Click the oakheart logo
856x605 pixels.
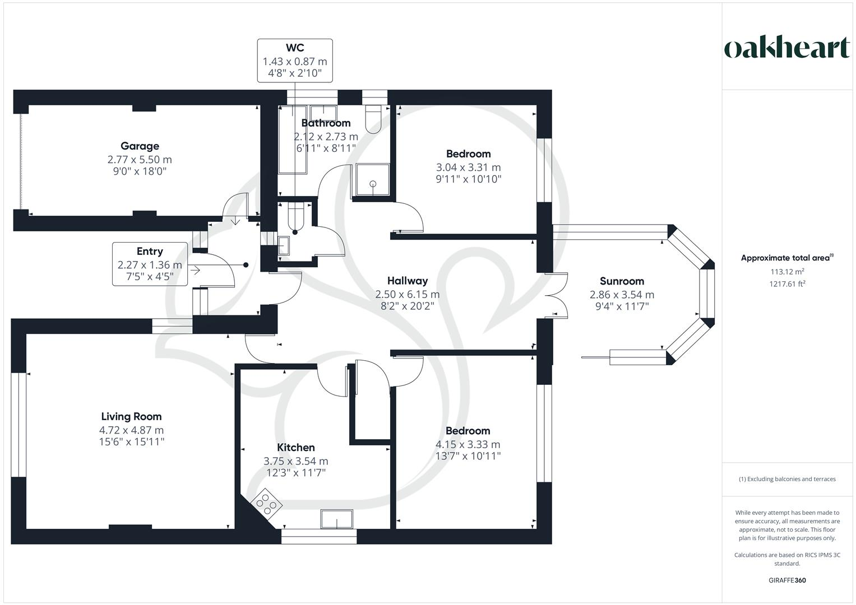[x=787, y=48]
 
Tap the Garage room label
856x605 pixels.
[x=140, y=146]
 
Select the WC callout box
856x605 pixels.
[x=295, y=61]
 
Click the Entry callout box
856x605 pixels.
[x=150, y=264]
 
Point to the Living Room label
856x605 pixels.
[x=131, y=416]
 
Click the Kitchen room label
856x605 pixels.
[x=296, y=447]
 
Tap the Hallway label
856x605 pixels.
[x=408, y=281]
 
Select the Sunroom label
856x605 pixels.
[x=622, y=281]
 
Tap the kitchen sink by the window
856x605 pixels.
[x=336, y=519]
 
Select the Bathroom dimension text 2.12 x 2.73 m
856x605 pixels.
[x=326, y=136]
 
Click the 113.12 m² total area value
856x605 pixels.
[x=787, y=272]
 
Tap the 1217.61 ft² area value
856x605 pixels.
[x=787, y=284]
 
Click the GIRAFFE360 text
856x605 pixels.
[x=787, y=580]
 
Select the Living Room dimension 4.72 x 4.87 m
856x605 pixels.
[x=131, y=430]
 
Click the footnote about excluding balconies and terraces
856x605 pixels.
[x=787, y=479]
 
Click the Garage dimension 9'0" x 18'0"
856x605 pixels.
[x=140, y=171]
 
